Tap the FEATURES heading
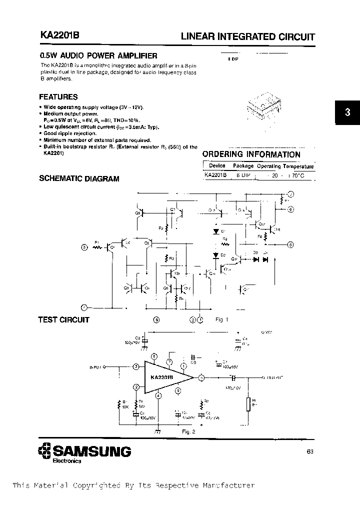tap(58, 97)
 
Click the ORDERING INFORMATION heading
tap(251, 154)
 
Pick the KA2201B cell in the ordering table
tap(215, 175)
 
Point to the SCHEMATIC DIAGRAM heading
tap(79, 178)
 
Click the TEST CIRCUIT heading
tap(63, 320)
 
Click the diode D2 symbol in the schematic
tap(216, 255)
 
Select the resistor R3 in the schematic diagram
tap(166, 258)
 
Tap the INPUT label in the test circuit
tap(96, 367)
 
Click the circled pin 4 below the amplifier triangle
tap(158, 395)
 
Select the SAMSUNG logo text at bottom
tap(91, 451)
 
